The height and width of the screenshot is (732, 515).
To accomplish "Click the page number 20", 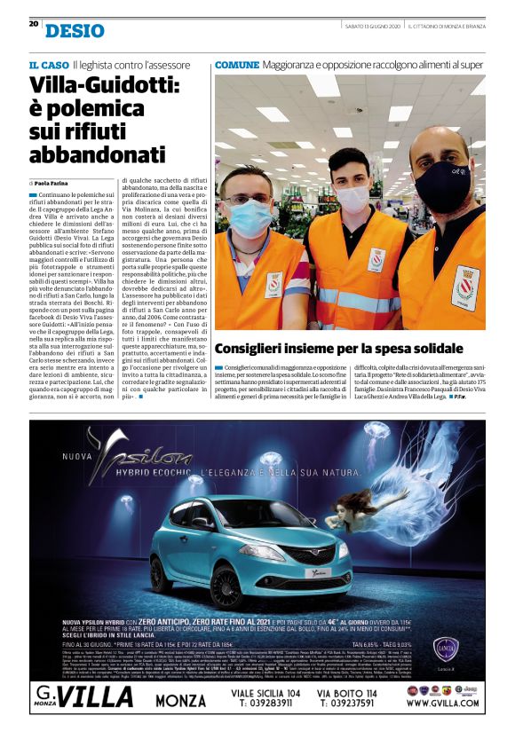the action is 33,24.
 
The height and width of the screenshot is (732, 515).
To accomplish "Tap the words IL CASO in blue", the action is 48,65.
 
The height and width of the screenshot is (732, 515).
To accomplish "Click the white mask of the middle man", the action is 352,198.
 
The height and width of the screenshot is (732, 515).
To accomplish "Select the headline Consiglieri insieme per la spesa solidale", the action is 327,349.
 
